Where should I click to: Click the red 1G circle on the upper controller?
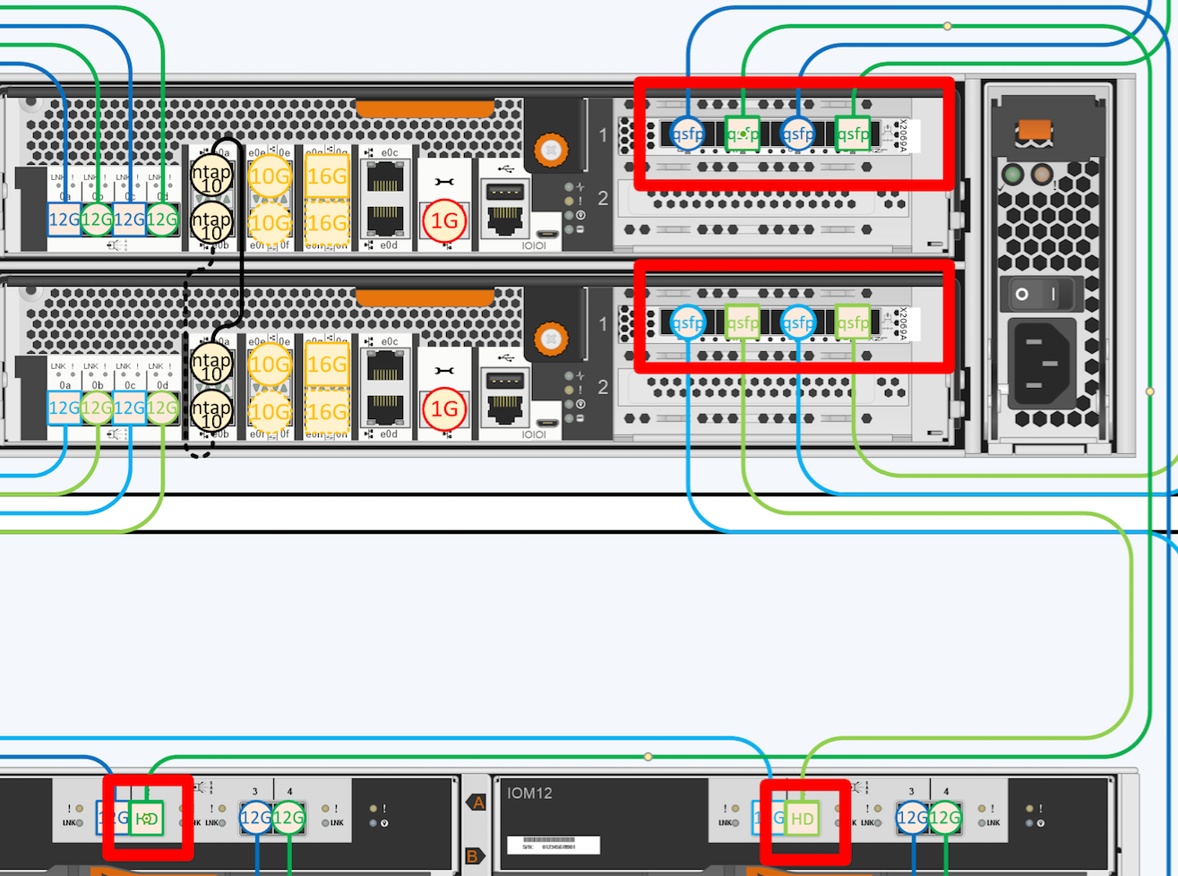[x=443, y=221]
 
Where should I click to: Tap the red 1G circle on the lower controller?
[x=443, y=409]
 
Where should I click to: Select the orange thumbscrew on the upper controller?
[x=551, y=150]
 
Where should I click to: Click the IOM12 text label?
[x=529, y=793]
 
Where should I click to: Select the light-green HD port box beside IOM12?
[x=802, y=819]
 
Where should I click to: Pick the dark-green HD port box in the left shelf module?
[x=146, y=818]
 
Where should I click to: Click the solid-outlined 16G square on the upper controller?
[x=326, y=176]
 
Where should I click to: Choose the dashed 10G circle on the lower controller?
[x=269, y=411]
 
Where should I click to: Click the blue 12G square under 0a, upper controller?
[x=64, y=219]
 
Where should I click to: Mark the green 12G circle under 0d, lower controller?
[x=162, y=408]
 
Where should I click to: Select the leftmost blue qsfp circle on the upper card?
[x=687, y=133]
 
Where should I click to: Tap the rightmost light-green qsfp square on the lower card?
[x=853, y=322]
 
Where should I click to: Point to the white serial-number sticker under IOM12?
[x=553, y=845]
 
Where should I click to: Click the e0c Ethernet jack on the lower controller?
[x=384, y=363]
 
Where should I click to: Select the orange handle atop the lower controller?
[x=425, y=296]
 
